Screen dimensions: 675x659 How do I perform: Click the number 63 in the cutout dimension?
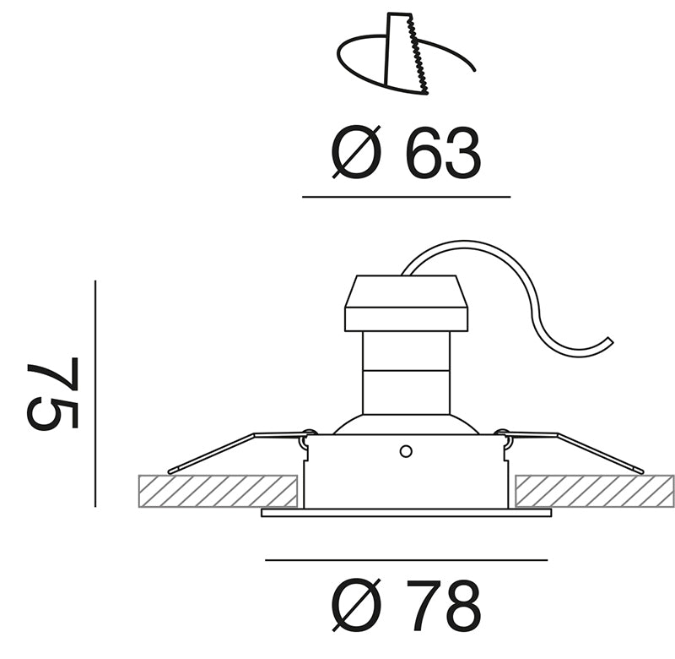pos(444,153)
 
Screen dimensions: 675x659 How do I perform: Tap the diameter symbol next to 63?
pos(356,152)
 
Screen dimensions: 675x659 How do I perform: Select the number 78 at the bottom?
pos(443,605)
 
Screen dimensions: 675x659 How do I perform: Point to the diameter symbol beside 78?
pos(357,605)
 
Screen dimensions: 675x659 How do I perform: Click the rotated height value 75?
pos(52,393)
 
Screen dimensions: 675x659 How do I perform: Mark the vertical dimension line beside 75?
pos(95,394)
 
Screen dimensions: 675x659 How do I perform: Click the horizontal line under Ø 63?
pos(407,197)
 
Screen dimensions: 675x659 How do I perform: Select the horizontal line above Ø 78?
pos(407,560)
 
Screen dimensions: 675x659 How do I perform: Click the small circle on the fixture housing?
pos(406,452)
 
